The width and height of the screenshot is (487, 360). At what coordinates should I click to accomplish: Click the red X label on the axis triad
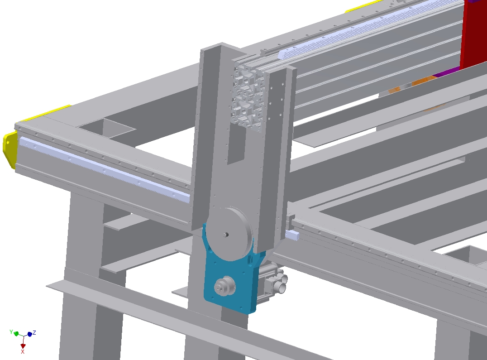pos(23,351)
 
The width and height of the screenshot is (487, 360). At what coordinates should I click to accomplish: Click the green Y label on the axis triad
pos(11,332)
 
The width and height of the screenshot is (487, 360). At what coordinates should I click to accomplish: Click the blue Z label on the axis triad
pos(34,332)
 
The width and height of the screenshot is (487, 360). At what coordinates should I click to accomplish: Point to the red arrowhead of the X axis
pos(23,346)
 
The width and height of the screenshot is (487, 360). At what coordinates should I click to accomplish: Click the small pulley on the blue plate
pos(224,286)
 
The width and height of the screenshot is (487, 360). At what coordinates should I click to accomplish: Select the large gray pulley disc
pos(230,234)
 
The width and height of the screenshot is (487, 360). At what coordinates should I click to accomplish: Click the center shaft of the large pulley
pos(226,235)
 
